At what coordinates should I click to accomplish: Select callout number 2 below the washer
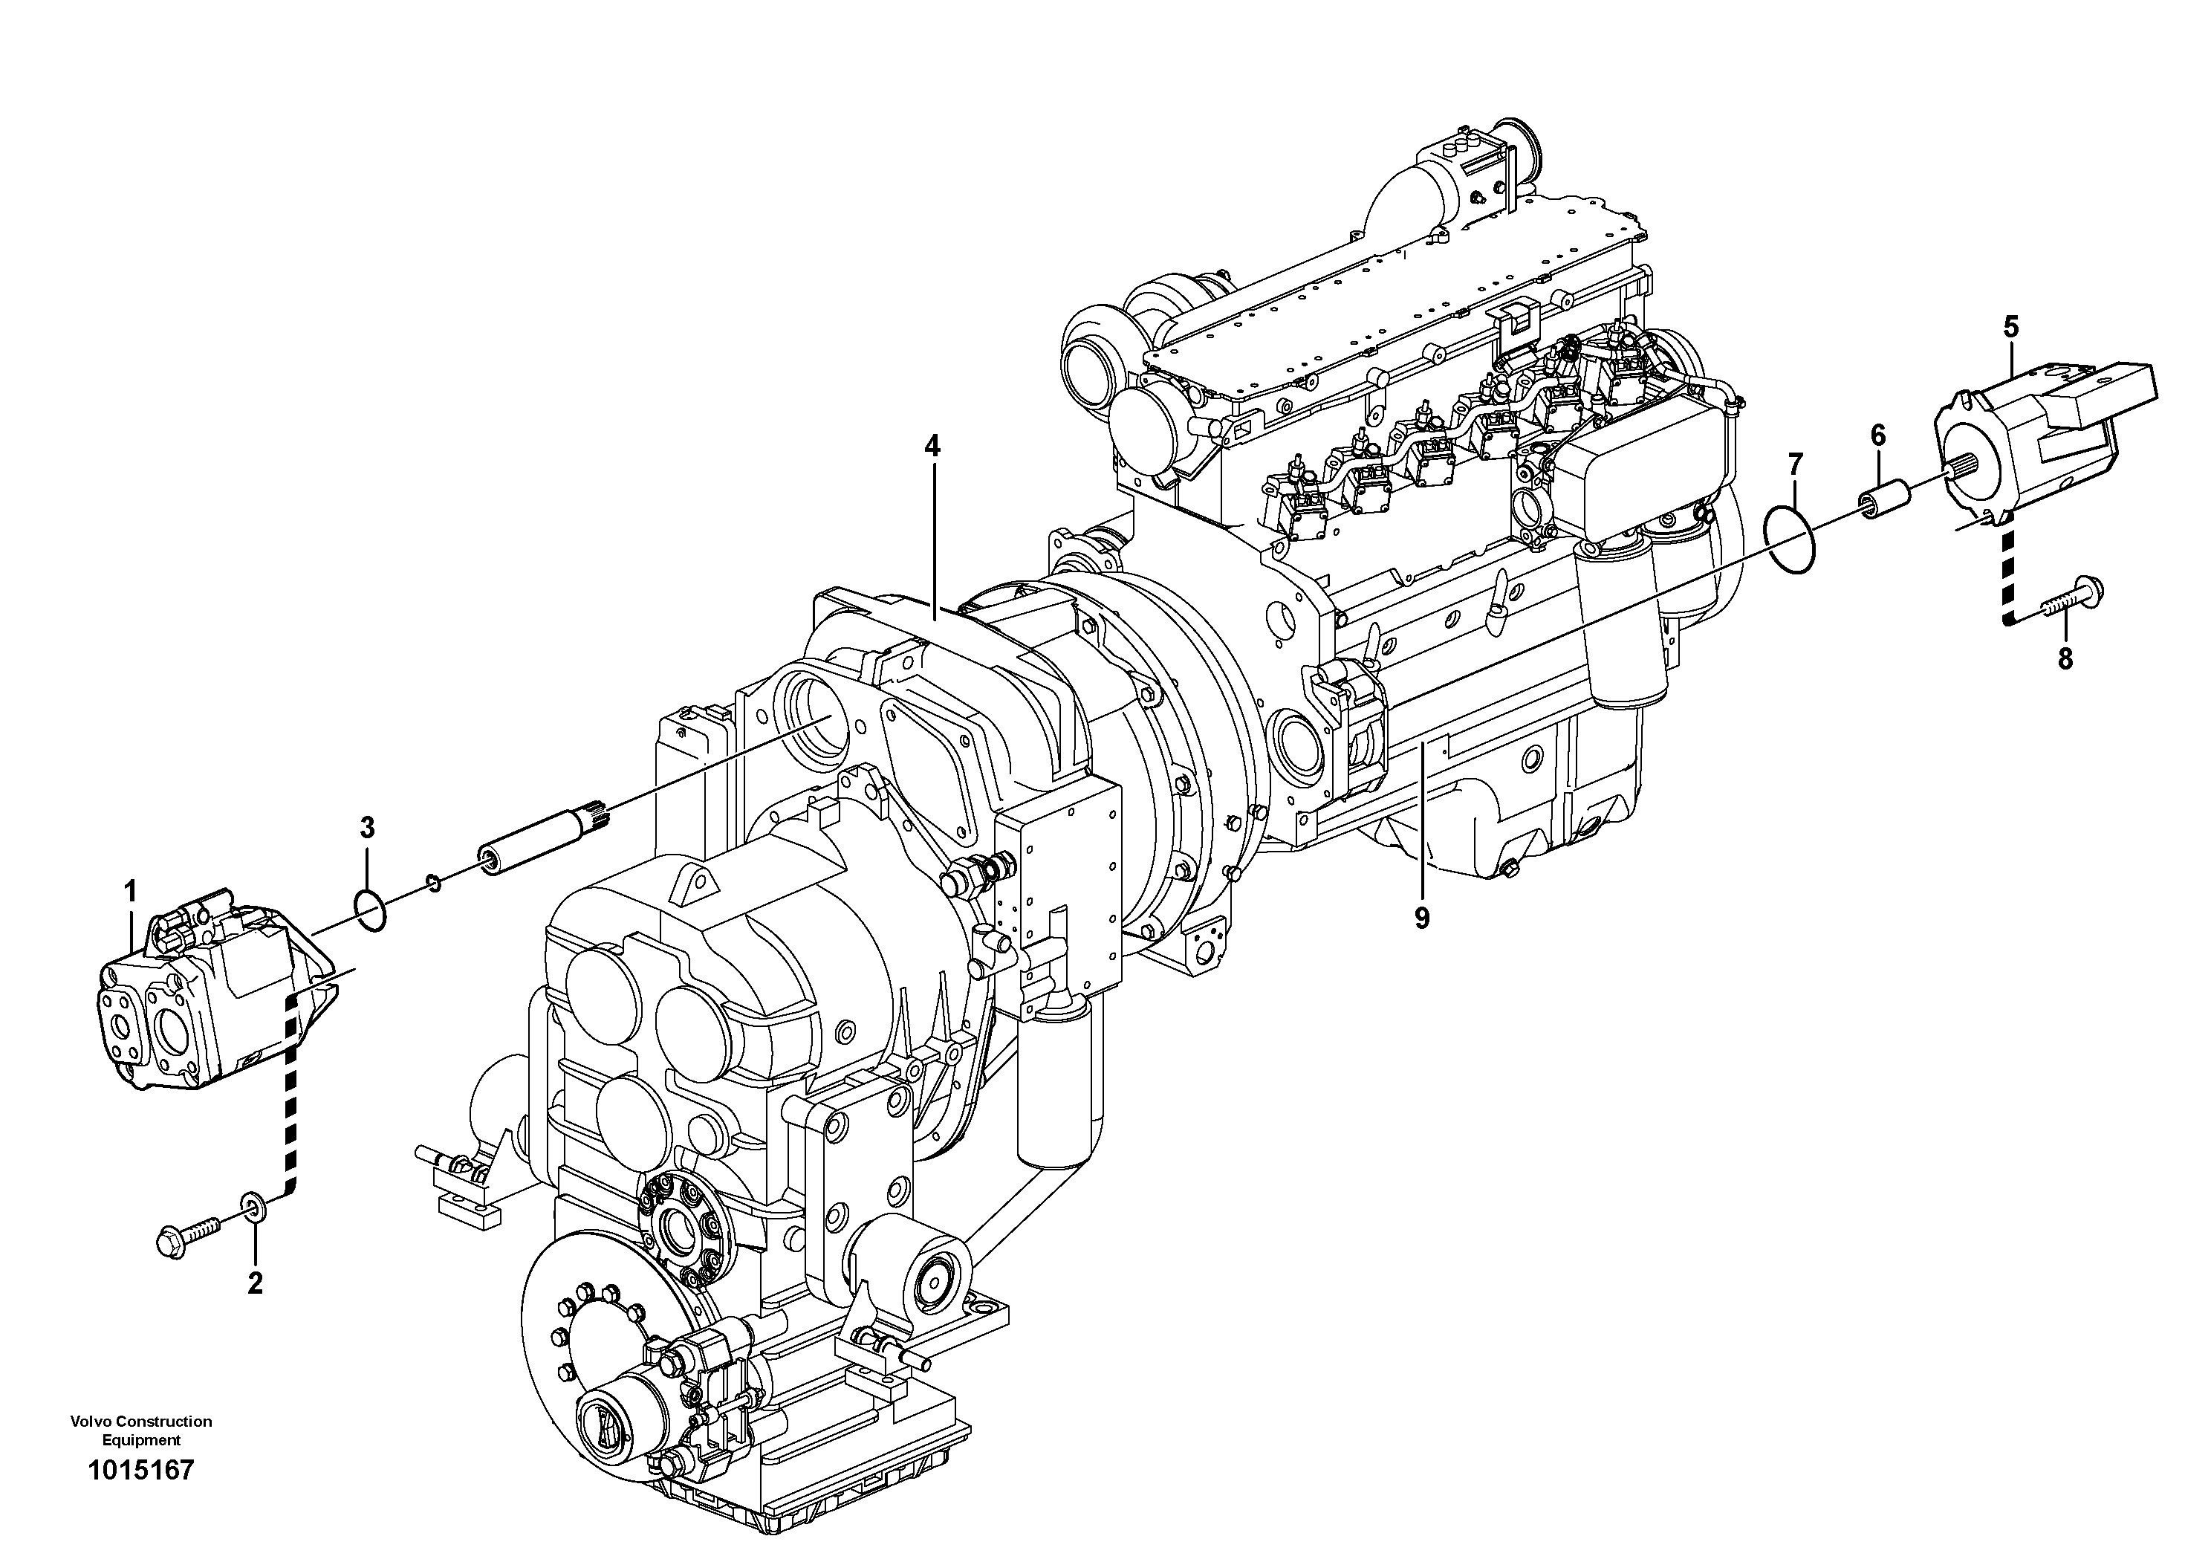pos(254,1283)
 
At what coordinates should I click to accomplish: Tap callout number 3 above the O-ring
pos(367,827)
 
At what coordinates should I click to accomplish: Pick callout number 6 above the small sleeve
pos(1878,435)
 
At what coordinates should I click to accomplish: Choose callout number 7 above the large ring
pos(1794,466)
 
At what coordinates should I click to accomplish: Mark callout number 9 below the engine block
pos(1421,918)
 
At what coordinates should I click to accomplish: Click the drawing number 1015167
pos(140,1497)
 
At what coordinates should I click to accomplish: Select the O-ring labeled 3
pos(371,910)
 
